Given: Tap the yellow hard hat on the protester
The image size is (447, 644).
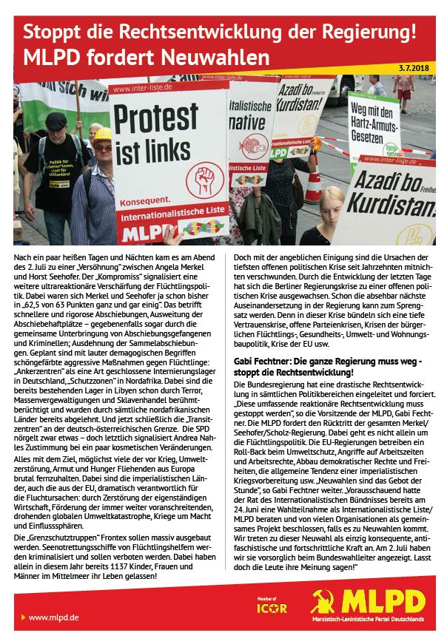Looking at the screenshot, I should (x=101, y=134).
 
